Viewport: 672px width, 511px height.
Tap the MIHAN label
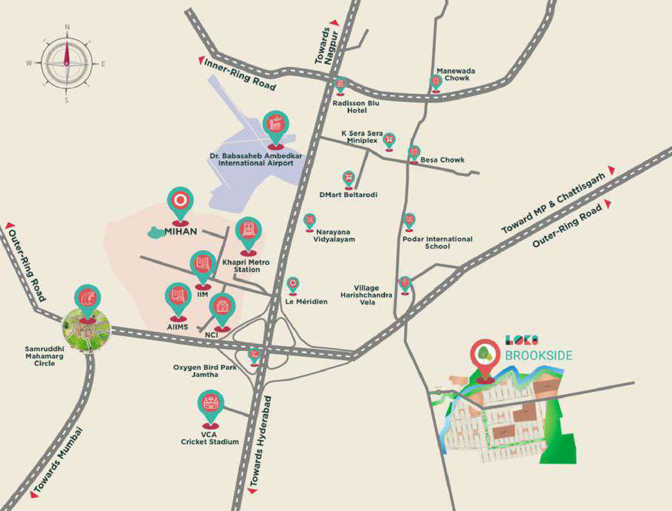[x=181, y=232]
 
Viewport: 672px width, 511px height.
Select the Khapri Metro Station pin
[x=248, y=232]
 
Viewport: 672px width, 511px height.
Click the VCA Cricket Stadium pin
[x=211, y=404]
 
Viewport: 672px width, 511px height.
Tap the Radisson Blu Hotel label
[x=356, y=107]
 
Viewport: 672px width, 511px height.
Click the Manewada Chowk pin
[x=436, y=82]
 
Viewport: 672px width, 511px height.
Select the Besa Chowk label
[x=442, y=160]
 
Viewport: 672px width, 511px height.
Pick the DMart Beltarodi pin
[x=348, y=178]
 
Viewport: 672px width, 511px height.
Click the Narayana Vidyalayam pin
[x=309, y=220]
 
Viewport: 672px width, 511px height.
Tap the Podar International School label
[x=438, y=242]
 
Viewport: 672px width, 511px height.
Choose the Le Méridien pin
[x=293, y=284]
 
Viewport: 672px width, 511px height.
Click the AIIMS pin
[x=178, y=297]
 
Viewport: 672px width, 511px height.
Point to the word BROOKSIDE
[x=538, y=356]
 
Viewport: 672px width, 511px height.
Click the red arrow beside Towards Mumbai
[x=34, y=494]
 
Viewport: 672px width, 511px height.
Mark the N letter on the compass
[x=67, y=27]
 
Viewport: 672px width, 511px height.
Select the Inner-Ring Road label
[x=240, y=75]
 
